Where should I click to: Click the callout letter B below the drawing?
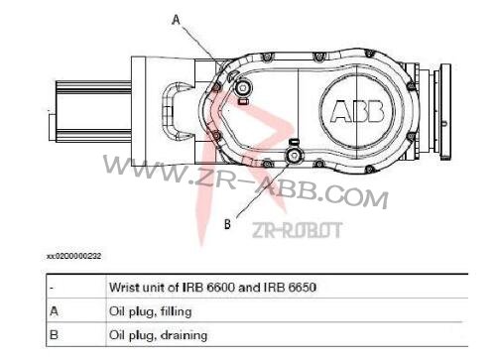pyautogui.click(x=227, y=224)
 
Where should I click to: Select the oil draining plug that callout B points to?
pyautogui.click(x=294, y=156)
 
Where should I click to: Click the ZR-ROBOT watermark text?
pyautogui.click(x=298, y=230)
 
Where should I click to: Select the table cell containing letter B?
pyautogui.click(x=54, y=334)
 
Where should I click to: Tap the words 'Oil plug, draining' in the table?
pyautogui.click(x=158, y=334)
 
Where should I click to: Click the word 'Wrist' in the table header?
pyautogui.click(x=123, y=287)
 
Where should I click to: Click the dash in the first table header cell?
pyautogui.click(x=51, y=287)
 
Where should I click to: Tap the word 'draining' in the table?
pyautogui.click(x=184, y=334)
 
